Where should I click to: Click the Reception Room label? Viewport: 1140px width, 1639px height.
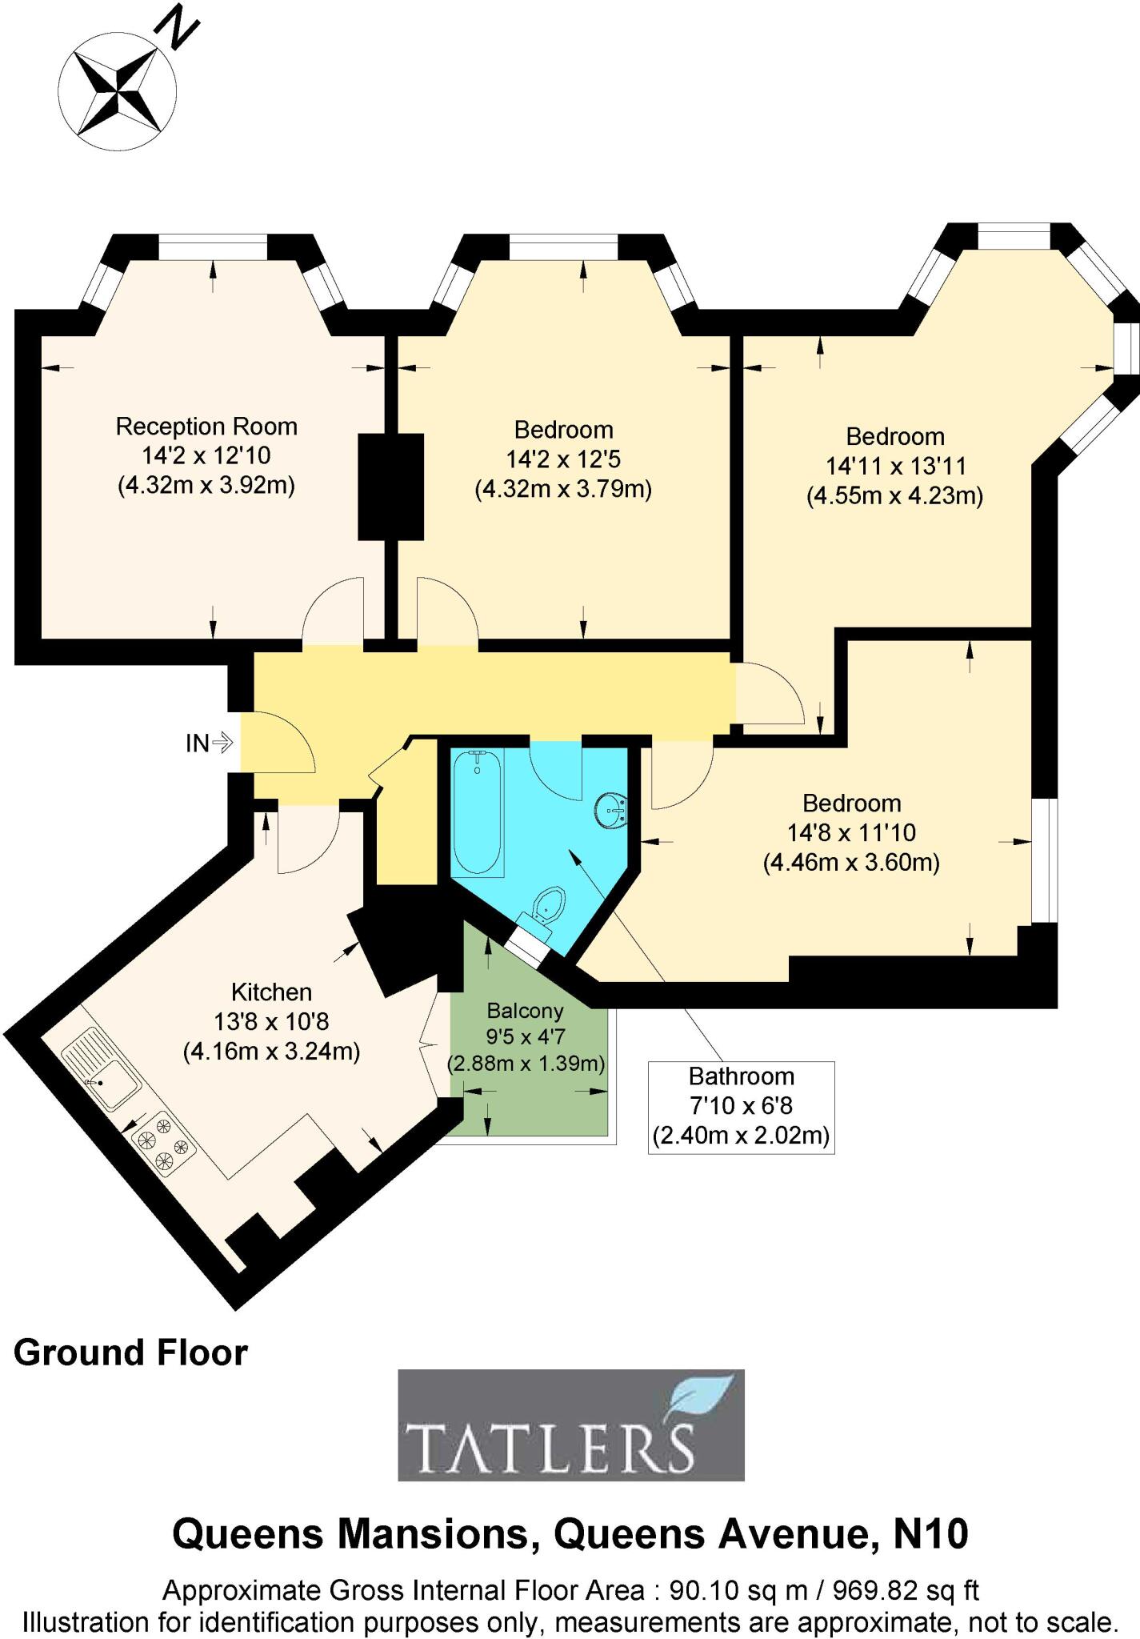(206, 427)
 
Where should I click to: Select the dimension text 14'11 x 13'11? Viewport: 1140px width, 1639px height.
(895, 466)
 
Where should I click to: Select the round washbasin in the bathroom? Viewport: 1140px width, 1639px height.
(611, 810)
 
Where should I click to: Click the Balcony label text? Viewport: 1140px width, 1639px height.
(525, 1011)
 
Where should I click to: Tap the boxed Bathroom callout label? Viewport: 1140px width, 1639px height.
(741, 1107)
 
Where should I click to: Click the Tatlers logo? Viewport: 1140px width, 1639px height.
(571, 1425)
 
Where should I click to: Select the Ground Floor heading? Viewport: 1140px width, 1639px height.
(130, 1352)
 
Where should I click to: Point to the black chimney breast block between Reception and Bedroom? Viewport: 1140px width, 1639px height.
(390, 487)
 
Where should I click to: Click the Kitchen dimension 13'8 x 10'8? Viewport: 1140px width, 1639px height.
(271, 1021)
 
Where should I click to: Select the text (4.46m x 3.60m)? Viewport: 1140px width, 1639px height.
(851, 863)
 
